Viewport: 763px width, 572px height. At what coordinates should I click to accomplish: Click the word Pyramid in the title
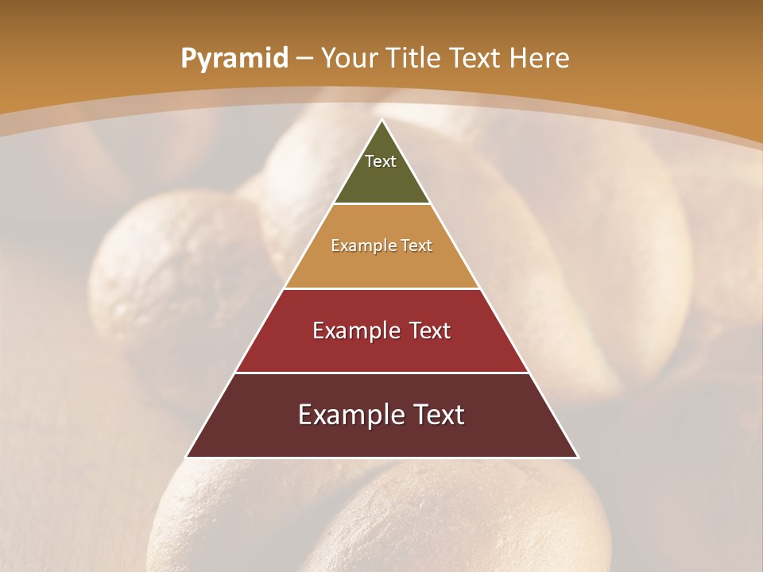234,59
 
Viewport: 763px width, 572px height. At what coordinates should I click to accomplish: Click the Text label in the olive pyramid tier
381,161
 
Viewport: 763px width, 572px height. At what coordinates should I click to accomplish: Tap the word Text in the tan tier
417,245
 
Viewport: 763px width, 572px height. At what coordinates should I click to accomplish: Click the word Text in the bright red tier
430,330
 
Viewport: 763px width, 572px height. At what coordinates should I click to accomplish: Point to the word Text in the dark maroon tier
437,415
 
